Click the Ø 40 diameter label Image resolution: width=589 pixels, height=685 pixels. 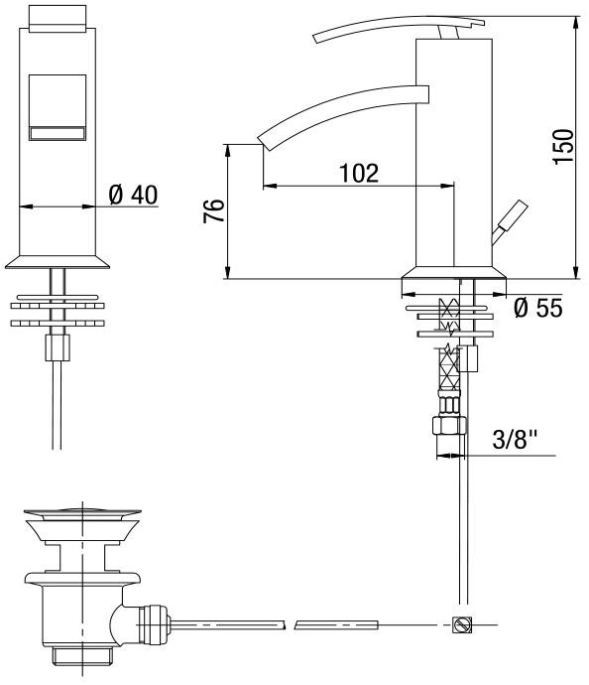[133, 195]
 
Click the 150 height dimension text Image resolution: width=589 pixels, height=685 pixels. [563, 146]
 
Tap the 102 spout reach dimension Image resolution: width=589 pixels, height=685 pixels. [359, 173]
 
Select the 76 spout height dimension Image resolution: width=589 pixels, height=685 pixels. [213, 210]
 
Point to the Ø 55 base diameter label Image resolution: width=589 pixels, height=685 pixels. [538, 308]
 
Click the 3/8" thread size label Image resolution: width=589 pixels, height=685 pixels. [515, 439]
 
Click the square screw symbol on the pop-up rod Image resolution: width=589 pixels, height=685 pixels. [462, 624]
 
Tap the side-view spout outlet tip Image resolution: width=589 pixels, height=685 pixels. [262, 141]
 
